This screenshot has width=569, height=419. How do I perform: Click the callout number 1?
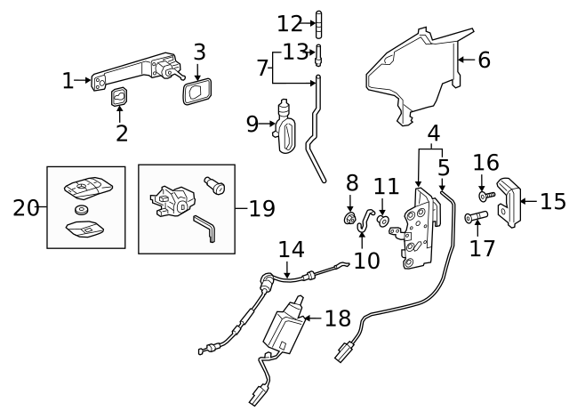[x=68, y=81]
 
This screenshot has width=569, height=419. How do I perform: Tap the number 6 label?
[x=484, y=60]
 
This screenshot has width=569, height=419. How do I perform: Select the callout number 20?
[x=26, y=208]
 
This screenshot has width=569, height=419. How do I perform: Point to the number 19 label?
[x=261, y=208]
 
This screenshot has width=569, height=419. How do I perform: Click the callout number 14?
[x=291, y=249]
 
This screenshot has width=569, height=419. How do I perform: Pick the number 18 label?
[x=337, y=317]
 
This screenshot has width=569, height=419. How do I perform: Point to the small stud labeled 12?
[x=317, y=23]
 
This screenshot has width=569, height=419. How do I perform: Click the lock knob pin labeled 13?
[x=317, y=54]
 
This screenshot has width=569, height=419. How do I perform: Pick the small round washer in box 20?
[x=82, y=210]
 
